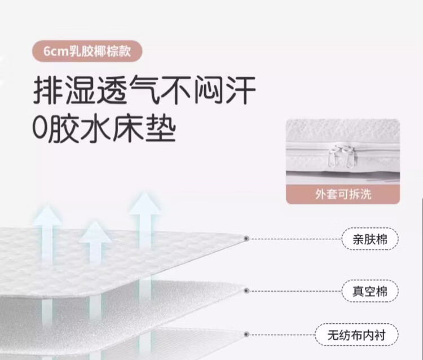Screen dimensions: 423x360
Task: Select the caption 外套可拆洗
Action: tap(342, 195)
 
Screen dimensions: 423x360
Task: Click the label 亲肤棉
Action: tap(369, 239)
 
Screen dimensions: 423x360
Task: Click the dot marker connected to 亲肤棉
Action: tap(246, 239)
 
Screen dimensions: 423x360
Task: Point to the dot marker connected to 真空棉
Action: tap(246, 291)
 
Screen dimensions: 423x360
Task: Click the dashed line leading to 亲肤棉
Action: tap(293, 239)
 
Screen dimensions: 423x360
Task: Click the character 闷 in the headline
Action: tap(209, 90)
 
